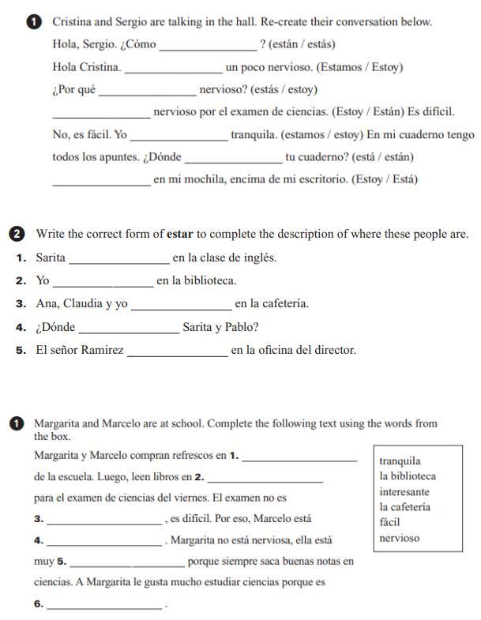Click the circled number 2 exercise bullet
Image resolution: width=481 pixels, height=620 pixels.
click(18, 234)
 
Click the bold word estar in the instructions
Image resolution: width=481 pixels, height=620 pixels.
click(179, 234)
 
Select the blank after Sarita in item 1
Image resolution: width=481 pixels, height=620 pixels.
click(118, 260)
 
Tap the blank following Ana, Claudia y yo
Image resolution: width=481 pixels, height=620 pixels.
click(181, 306)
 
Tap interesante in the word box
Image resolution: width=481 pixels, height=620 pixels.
click(404, 492)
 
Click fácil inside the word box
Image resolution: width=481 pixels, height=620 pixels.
click(390, 522)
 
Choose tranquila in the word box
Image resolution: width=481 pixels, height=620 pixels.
click(400, 461)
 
